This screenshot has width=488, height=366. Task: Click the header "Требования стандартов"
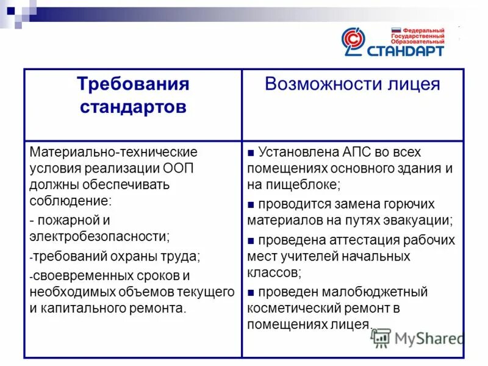pos(133,96)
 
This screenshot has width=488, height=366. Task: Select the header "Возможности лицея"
pos(352,84)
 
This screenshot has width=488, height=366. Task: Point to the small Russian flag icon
pos(395,30)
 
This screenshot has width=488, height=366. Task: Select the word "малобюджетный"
pos(380,292)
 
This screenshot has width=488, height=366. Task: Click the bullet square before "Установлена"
pos(251,152)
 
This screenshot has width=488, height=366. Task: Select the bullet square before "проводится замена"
pos(251,204)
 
